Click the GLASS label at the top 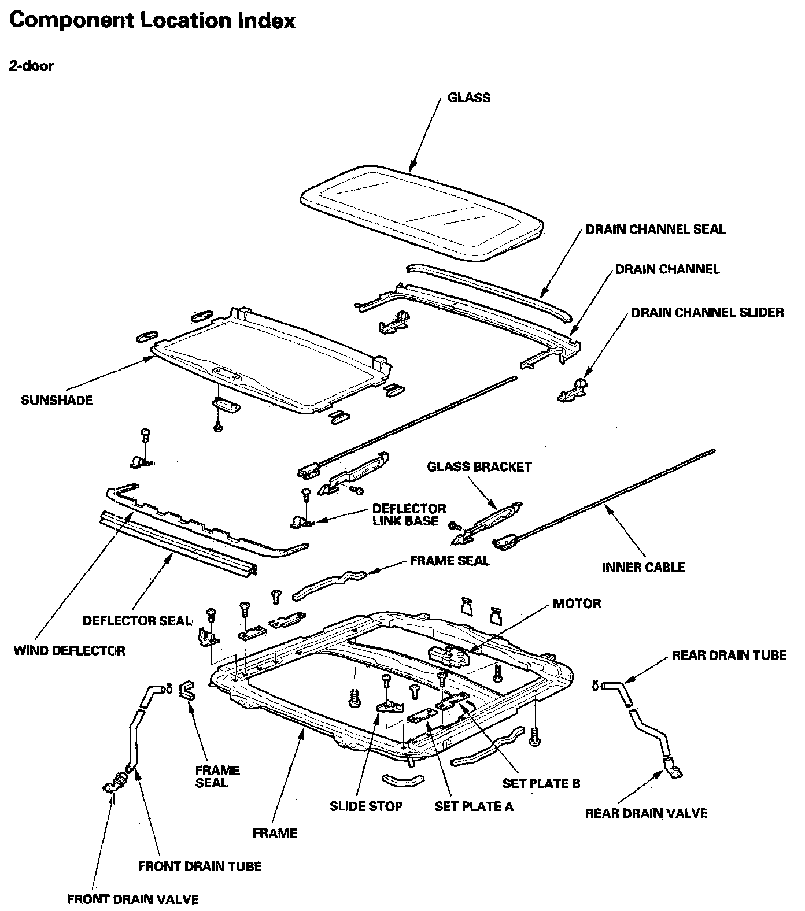[468, 98]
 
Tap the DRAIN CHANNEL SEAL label [655, 229]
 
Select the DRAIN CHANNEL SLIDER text [707, 313]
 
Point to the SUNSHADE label [57, 401]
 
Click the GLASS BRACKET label [479, 467]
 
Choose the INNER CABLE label [643, 567]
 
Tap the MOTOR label [577, 603]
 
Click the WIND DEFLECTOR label [69, 651]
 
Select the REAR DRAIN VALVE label [646, 813]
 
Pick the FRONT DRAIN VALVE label [133, 899]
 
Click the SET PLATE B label [541, 783]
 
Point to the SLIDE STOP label [366, 806]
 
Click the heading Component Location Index [153, 21]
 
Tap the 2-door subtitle [31, 66]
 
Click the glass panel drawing [422, 211]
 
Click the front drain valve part [115, 785]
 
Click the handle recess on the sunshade [226, 373]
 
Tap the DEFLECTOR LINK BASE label [409, 515]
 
